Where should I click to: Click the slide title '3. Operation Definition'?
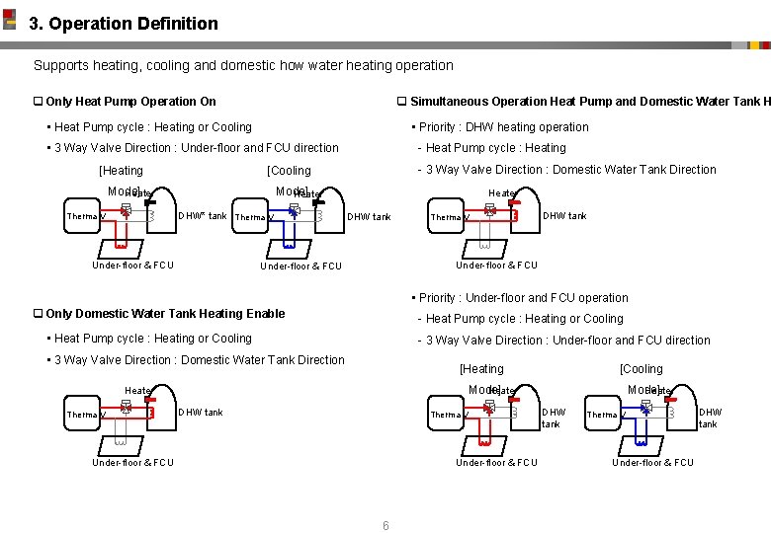point(124,24)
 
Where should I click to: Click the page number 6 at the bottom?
point(385,525)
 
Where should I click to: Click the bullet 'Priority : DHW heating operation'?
point(503,127)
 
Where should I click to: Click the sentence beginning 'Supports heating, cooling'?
point(243,65)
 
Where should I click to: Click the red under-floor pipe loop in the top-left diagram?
point(121,238)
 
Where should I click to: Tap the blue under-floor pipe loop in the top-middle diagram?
point(290,238)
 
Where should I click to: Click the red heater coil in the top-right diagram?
point(514,213)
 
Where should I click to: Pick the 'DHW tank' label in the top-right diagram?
point(564,216)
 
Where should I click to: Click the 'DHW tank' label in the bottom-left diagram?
point(201,413)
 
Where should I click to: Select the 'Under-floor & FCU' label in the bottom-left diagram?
point(132,462)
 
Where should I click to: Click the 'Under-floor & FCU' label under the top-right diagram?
point(496,265)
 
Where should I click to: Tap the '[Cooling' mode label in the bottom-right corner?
point(641,369)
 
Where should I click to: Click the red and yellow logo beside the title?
point(10,19)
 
